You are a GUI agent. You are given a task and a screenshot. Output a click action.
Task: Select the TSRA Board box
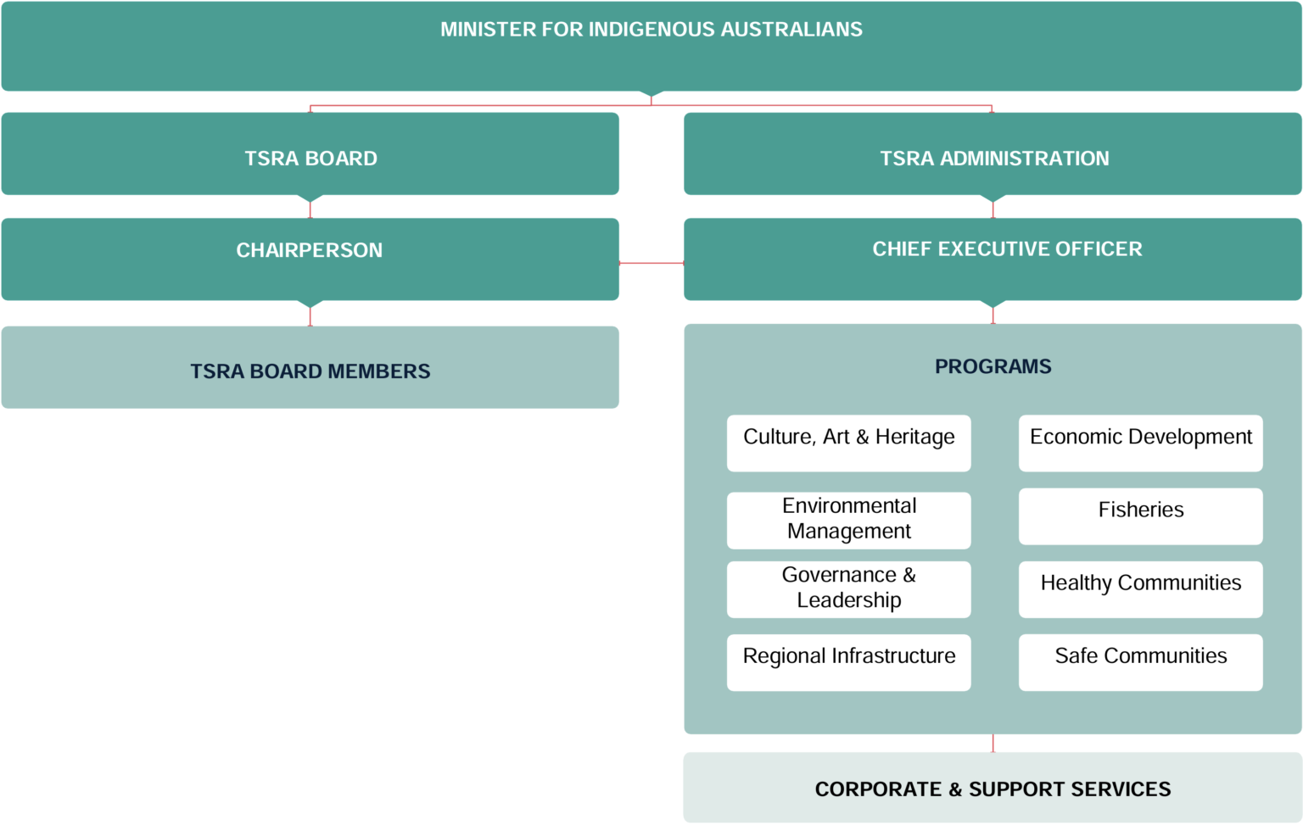pos(310,155)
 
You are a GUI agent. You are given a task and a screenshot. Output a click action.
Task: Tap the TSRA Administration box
pos(993,155)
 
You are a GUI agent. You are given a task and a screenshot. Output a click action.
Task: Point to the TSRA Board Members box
pos(310,370)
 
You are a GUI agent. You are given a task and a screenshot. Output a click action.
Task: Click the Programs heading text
pos(993,366)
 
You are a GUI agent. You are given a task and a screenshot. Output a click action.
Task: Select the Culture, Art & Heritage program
pos(848,443)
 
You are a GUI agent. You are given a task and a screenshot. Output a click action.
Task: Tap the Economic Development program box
pos(1140,443)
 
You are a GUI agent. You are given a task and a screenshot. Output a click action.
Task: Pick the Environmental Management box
pos(848,519)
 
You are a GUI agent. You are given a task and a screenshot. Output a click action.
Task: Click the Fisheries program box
pos(1140,516)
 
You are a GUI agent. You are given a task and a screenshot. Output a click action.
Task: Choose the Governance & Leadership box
pos(848,588)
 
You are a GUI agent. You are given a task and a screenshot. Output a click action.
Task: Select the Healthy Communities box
pos(1140,588)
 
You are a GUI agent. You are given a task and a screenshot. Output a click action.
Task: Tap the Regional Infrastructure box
pos(848,661)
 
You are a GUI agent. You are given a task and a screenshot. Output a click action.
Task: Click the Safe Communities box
pos(1140,661)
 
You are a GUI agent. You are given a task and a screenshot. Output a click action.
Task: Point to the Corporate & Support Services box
pos(993,789)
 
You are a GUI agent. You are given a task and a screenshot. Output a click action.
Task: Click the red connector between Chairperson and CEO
pos(651,263)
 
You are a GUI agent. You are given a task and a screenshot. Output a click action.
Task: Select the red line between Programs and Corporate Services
pos(993,744)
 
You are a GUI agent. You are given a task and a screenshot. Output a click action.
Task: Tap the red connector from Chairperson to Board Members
pos(310,316)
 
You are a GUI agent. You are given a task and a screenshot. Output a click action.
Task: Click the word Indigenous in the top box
pos(651,30)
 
